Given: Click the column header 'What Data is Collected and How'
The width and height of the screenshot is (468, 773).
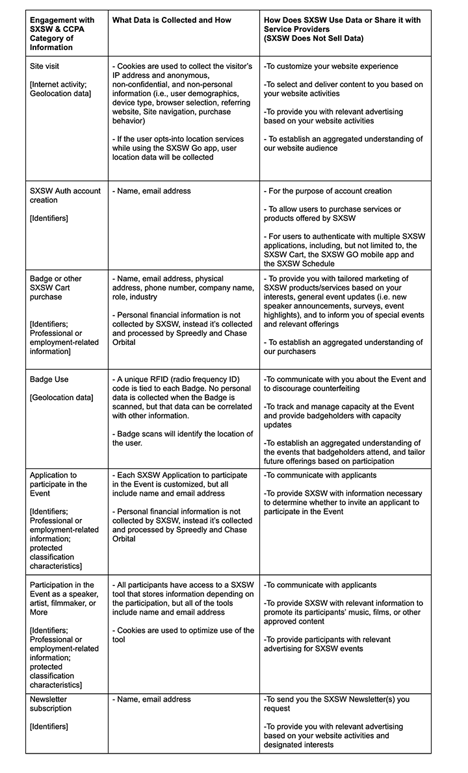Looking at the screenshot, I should (172, 20).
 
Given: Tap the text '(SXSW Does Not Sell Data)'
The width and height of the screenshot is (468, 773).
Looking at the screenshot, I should (315, 38).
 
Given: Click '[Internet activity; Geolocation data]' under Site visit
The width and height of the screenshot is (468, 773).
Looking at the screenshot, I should (60, 89).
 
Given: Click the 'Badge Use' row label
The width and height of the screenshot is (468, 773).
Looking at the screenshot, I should (49, 379).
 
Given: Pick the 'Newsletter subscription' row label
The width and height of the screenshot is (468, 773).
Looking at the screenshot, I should (51, 703).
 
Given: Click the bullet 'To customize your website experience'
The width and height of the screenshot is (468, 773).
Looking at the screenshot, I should (331, 66).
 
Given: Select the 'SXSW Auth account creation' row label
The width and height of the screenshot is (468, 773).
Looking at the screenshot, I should (65, 196).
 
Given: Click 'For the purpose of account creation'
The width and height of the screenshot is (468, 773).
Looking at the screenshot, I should (328, 191).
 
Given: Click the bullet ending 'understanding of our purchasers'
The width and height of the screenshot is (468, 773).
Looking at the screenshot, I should (343, 347).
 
